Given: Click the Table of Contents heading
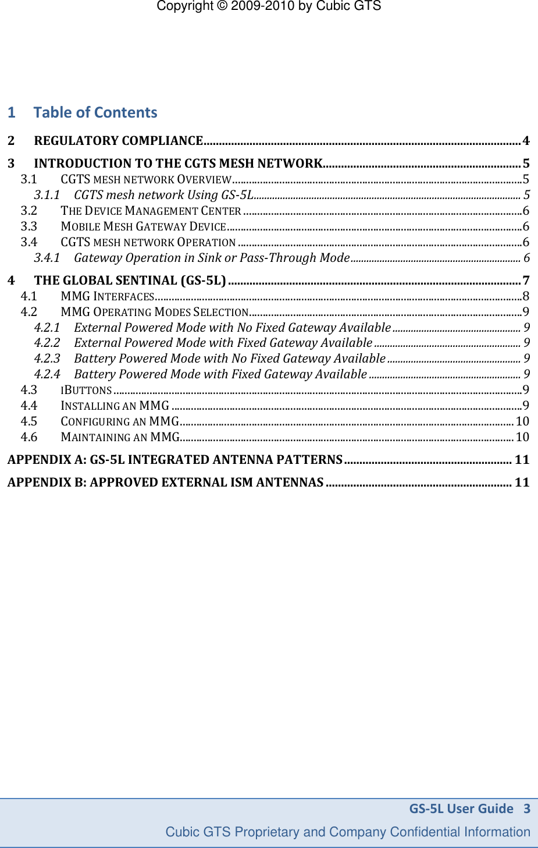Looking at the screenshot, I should [95, 112].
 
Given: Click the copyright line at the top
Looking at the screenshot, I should [269, 6].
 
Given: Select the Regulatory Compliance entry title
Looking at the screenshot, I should [118, 141].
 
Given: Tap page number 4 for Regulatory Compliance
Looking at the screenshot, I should [526, 141].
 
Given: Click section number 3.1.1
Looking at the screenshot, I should [47, 195].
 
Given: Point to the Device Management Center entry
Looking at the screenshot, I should [151, 211].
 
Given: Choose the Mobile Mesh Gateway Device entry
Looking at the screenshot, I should [143, 226].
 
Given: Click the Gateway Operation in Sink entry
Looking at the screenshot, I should [212, 258].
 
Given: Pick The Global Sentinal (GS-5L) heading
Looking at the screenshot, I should [130, 281].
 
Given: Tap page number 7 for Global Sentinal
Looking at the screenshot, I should [526, 281].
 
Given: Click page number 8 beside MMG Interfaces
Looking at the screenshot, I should [526, 296].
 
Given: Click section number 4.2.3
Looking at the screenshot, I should [47, 359].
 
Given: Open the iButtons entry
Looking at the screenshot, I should [86, 390].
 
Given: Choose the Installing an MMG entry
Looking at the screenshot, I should [115, 406].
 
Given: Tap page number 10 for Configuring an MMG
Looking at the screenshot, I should [522, 421].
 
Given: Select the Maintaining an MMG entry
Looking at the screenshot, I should [120, 437].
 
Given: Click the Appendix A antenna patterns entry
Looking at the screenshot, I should [174, 460].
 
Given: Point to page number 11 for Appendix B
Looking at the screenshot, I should [522, 482].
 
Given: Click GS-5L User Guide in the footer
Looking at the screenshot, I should [461, 808].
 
